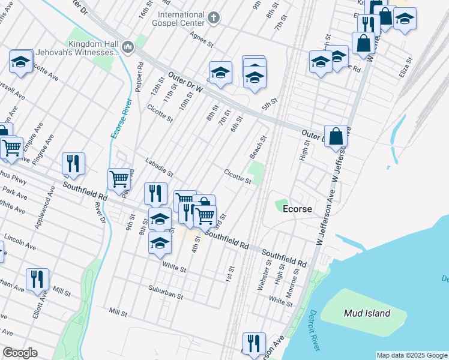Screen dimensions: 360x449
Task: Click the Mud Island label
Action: pos(367,313)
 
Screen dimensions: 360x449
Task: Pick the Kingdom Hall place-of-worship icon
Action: pos(127,47)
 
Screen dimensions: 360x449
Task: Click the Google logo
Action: pos(20,353)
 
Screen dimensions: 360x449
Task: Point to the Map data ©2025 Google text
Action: pos(412,355)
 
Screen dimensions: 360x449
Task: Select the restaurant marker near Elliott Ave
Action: pos(37,279)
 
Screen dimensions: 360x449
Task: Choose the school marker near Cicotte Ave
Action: pos(21,62)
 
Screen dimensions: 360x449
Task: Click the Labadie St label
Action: pos(160,167)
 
